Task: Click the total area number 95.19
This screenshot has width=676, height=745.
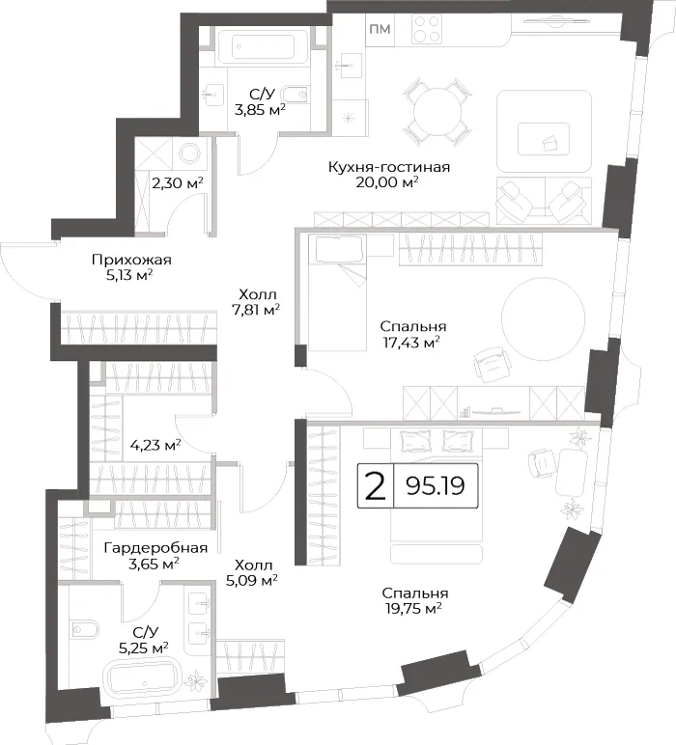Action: coord(436,485)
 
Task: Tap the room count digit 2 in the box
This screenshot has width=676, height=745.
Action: coord(375,486)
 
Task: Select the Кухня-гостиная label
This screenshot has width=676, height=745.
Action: coord(389,167)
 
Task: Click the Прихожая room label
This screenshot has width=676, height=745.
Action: coord(131,260)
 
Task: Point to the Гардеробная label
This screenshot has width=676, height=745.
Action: coord(155,548)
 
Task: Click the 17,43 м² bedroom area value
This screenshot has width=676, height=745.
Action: coord(411,342)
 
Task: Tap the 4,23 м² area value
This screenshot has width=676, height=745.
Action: coord(155,446)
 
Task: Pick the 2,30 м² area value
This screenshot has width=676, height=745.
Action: coord(178,182)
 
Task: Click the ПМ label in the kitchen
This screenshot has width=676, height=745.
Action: coord(380,29)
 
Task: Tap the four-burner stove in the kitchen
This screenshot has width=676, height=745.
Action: coord(427,29)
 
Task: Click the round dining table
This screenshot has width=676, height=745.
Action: coord(437,113)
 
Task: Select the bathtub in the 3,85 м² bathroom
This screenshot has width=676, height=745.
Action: coord(263,46)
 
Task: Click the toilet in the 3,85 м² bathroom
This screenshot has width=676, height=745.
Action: coord(296,95)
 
